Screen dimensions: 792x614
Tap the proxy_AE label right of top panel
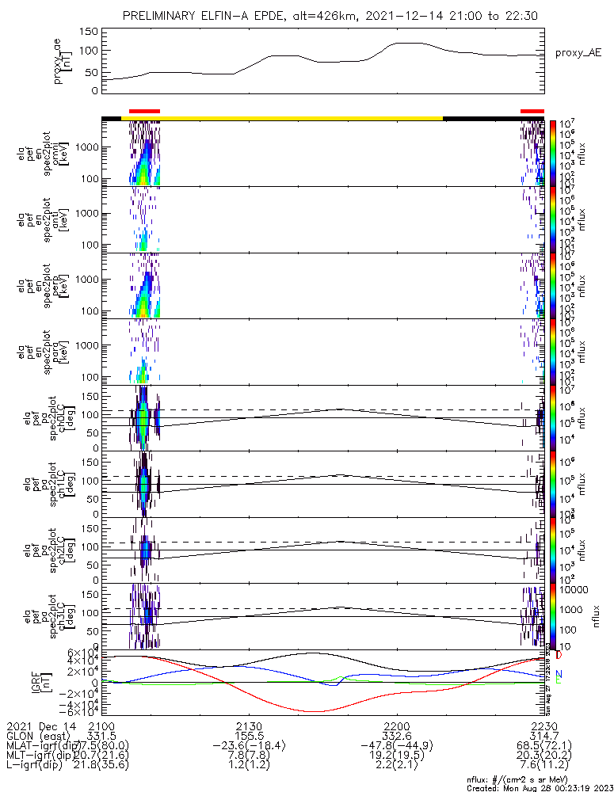(x=578, y=52)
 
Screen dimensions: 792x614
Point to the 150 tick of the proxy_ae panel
(x=90, y=32)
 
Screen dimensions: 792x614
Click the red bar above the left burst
(x=144, y=112)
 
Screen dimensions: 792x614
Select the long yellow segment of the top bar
(x=301, y=118)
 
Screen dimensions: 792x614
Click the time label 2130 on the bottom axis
(x=249, y=726)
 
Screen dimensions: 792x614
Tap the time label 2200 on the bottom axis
(x=397, y=726)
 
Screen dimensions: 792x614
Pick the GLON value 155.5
(x=249, y=737)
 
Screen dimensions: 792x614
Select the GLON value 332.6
(x=397, y=737)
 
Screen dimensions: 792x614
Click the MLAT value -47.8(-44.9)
(x=397, y=747)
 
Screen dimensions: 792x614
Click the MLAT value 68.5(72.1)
(x=543, y=747)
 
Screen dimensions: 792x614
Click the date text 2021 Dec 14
(x=36, y=726)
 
